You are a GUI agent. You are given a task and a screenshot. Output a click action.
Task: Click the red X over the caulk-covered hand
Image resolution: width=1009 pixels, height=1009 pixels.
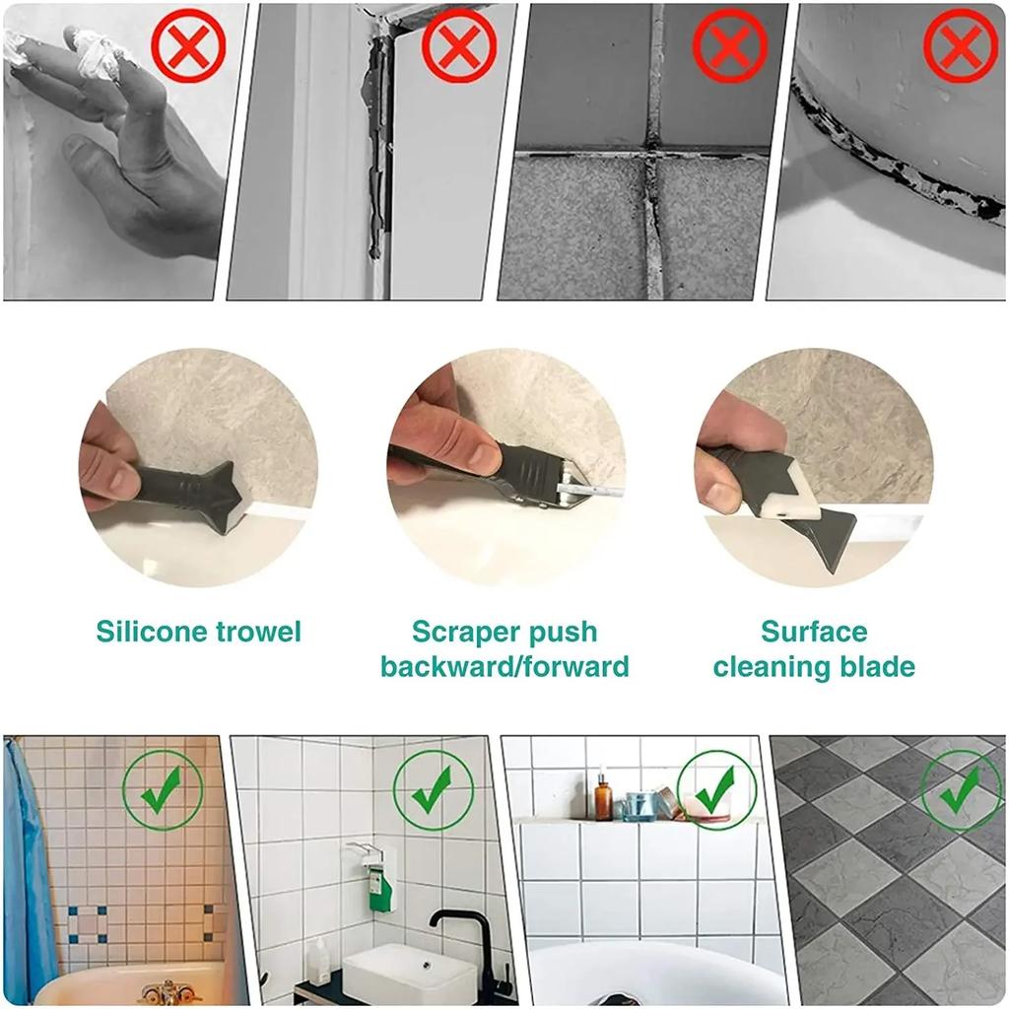188,44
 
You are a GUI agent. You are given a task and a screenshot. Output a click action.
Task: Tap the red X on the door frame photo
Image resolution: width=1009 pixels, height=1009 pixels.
459,44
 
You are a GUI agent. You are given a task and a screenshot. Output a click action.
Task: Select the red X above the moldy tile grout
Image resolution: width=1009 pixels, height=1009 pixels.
730,44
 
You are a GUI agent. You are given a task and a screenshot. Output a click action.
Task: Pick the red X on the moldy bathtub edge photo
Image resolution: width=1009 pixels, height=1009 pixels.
961,44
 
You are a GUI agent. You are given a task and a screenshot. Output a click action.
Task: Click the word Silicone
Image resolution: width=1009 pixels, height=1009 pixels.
153,632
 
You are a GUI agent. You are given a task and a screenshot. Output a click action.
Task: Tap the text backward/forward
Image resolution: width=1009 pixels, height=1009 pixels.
504,667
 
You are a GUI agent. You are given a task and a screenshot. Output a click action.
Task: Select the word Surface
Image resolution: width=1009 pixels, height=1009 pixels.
814,632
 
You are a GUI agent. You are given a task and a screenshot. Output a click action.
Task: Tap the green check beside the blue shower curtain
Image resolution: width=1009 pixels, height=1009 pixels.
163,790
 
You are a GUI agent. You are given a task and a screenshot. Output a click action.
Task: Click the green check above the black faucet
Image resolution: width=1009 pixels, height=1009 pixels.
434,790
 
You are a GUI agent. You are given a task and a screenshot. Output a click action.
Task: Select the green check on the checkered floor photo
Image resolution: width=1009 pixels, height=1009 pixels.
961,790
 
